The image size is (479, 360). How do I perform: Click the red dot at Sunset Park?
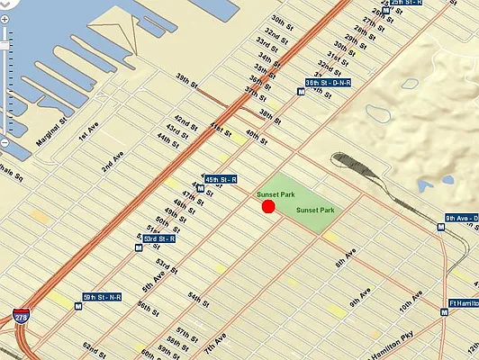(268, 207)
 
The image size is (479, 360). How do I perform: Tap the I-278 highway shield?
(20, 317)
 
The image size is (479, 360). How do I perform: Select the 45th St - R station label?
(221, 180)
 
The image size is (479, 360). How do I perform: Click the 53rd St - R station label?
(159, 238)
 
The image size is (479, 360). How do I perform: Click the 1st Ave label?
(86, 135)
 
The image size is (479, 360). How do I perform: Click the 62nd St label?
(94, 347)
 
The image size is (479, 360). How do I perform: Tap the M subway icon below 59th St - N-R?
(78, 307)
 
